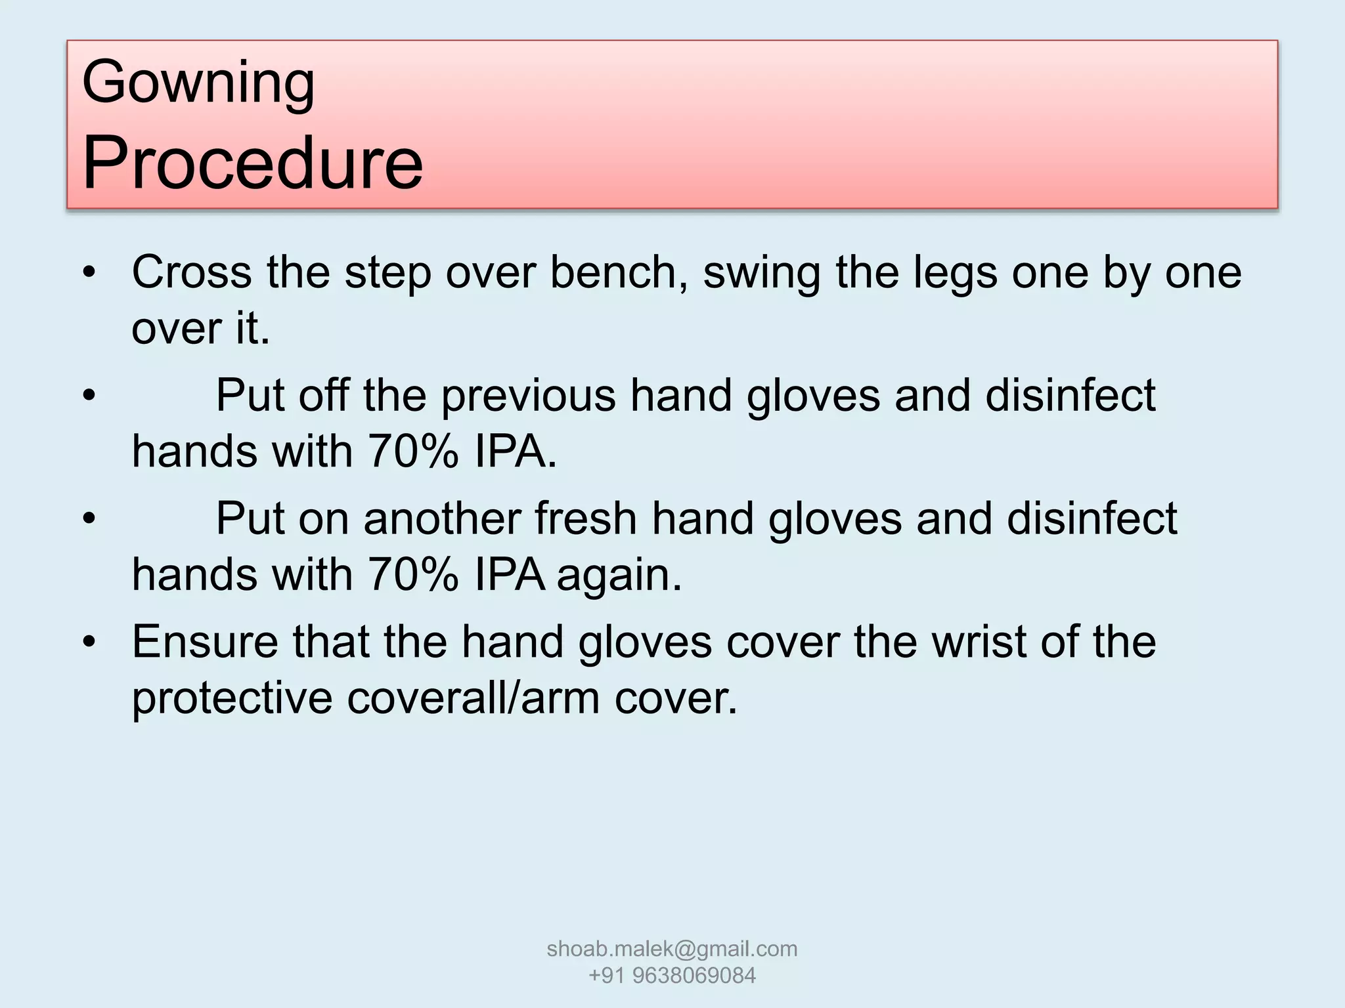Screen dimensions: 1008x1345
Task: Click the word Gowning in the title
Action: [x=198, y=83]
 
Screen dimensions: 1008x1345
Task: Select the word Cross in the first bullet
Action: [x=192, y=272]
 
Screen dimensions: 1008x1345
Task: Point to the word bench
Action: [x=619, y=272]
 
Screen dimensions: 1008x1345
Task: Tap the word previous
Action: [x=528, y=396]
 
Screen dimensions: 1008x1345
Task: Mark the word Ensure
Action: [x=205, y=641]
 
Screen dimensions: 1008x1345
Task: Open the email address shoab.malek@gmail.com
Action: [x=672, y=948]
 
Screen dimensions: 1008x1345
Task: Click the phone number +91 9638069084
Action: [x=672, y=976]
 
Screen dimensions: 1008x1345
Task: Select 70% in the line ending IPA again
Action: [x=412, y=576]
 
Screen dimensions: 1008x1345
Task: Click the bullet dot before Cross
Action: [x=89, y=272]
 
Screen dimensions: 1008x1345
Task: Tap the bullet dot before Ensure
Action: [x=89, y=641]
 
